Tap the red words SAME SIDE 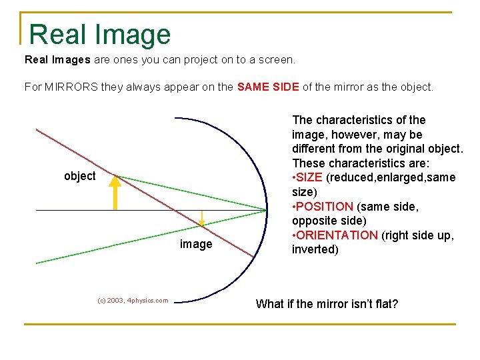click(268, 87)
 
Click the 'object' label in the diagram click(79, 176)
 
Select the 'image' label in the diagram click(196, 244)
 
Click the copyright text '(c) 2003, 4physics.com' click(133, 301)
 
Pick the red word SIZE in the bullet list click(309, 177)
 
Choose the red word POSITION click(325, 207)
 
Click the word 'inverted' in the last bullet click(315, 250)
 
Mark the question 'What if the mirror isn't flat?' click(327, 304)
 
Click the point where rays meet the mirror click(267, 210)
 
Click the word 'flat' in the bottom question click(383, 304)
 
